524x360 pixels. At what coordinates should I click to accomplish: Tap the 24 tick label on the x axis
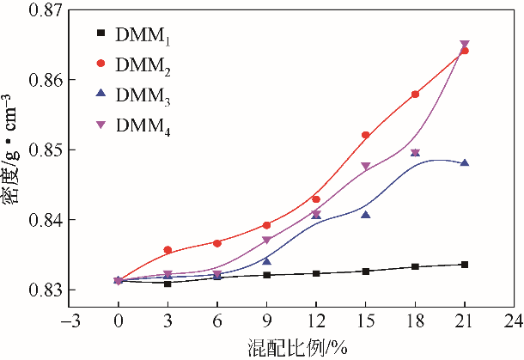[x=514, y=321]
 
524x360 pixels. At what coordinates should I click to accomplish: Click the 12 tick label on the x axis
[x=315, y=321]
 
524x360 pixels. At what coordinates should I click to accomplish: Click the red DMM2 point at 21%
[x=465, y=51]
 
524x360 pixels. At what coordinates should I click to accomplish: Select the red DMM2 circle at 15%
[x=365, y=135]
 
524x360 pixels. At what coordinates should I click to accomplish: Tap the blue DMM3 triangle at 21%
[x=465, y=162]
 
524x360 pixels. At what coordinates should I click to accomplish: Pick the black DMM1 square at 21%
[x=465, y=265]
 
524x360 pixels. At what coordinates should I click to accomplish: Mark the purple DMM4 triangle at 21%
[x=465, y=44]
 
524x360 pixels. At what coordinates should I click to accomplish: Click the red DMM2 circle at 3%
[x=168, y=250]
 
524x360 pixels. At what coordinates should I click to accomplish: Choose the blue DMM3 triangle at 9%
[x=266, y=261]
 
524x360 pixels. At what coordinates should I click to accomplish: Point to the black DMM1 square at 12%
[x=316, y=273]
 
